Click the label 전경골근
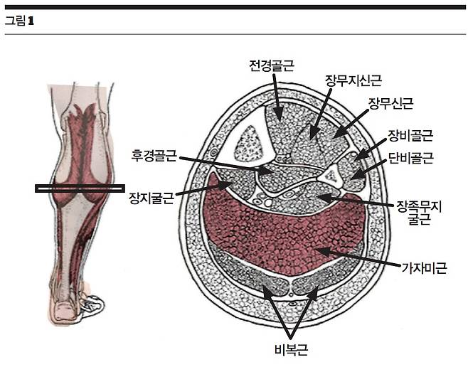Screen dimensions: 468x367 coord(272,66)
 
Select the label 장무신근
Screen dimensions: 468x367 coord(390,105)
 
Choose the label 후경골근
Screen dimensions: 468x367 coord(154,154)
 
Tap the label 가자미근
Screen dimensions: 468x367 coord(424,269)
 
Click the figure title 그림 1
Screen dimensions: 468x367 coord(19,20)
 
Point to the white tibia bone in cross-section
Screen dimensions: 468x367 coord(250,142)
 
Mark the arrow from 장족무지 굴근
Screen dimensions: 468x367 coord(356,201)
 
